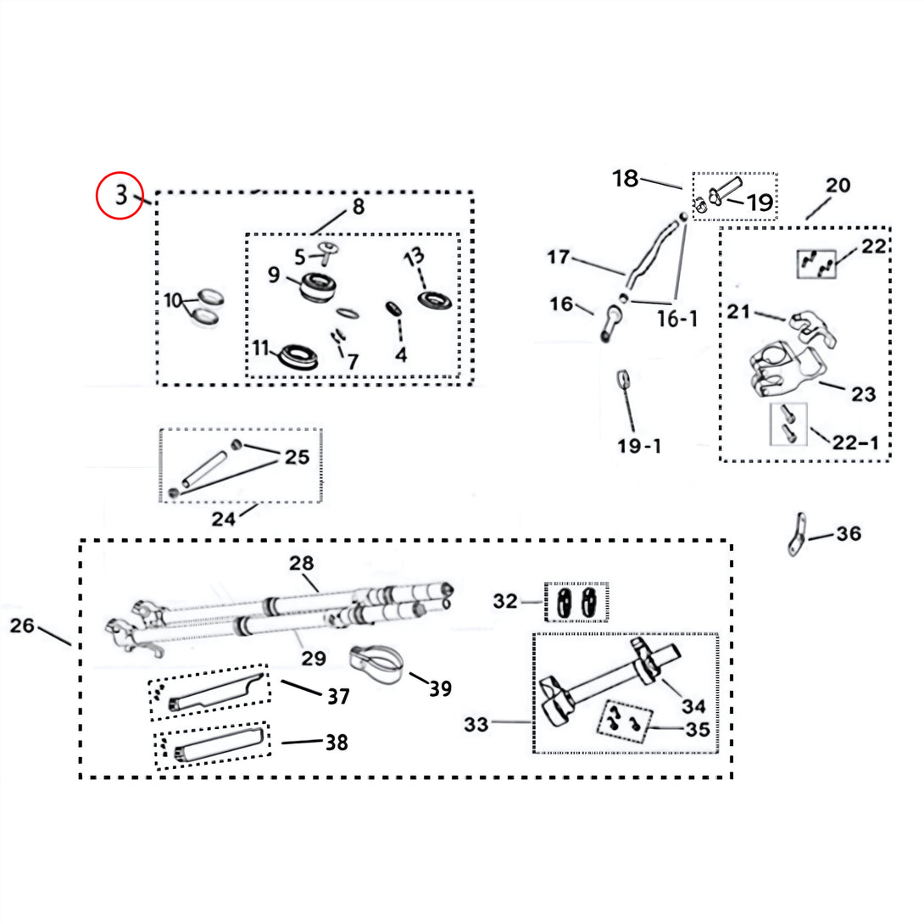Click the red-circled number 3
121,195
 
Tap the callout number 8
359,207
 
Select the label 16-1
677,319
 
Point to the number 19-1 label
639,446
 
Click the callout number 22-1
855,443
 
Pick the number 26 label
22,626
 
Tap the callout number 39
441,688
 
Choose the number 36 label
849,534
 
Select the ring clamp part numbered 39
376,663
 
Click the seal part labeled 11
298,357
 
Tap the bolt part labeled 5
326,253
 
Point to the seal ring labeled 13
435,300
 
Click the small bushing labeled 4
393,309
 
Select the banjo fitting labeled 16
612,324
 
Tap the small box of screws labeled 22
816,264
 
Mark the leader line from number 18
661,182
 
